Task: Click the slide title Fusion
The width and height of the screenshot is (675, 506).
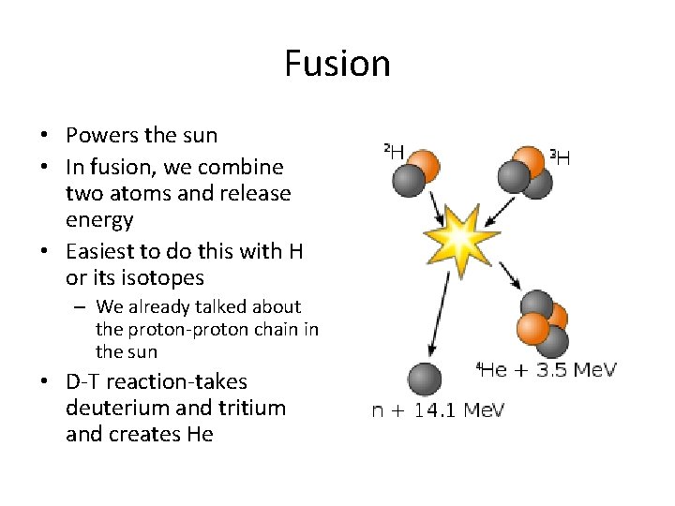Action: tap(337, 64)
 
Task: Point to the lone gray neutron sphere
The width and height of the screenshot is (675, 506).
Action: tap(425, 379)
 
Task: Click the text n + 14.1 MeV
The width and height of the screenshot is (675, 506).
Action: tap(438, 411)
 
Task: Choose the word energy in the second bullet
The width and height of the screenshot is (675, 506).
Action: tap(99, 220)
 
